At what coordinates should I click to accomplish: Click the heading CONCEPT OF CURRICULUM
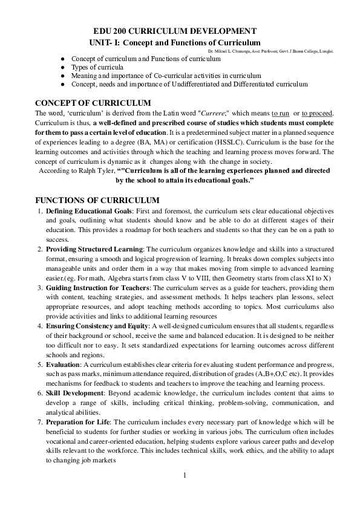click(93, 103)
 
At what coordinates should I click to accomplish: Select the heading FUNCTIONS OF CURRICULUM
click(97, 200)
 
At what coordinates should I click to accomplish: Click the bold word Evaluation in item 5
click(63, 365)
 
